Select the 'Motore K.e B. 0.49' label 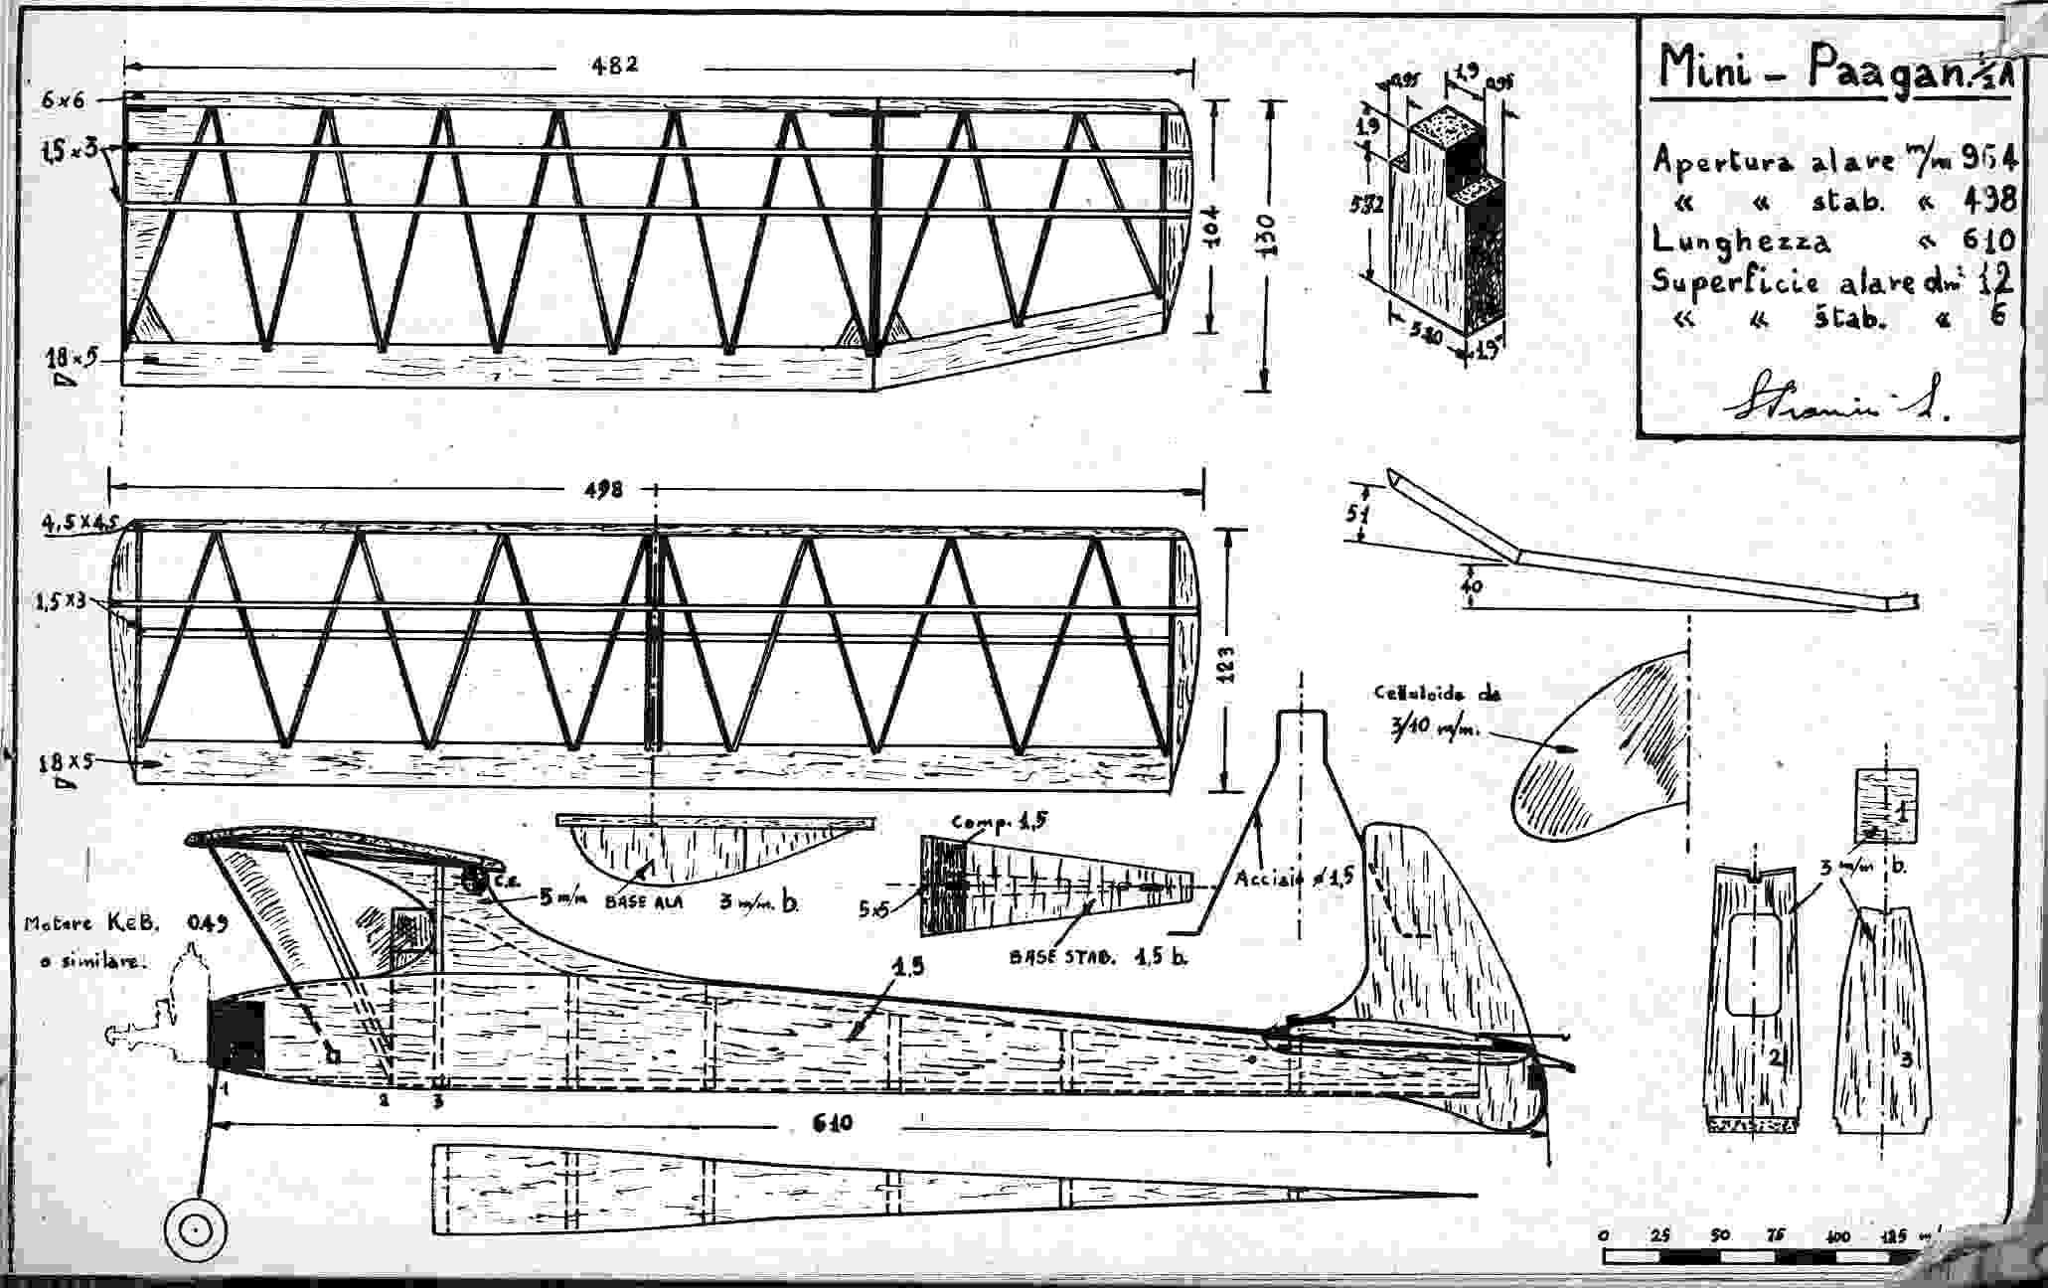click(124, 940)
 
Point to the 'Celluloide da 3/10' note click(1424, 712)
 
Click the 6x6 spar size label click(65, 99)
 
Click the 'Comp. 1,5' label click(999, 823)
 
